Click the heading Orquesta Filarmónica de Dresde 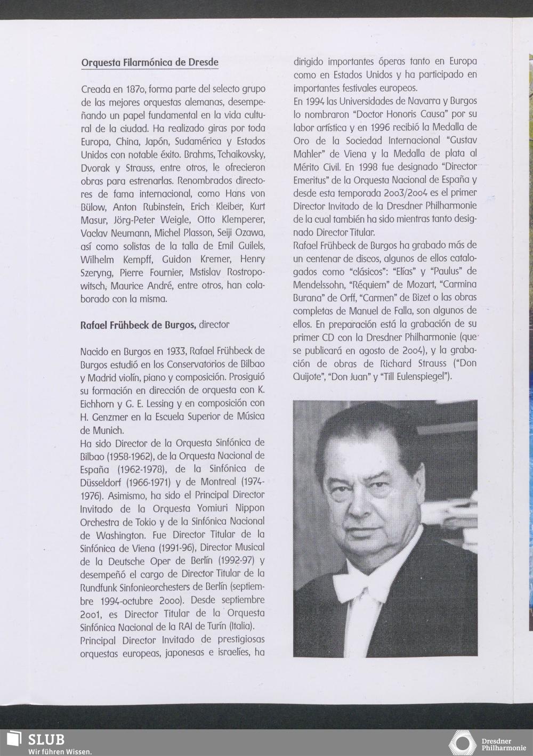point(150,62)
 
